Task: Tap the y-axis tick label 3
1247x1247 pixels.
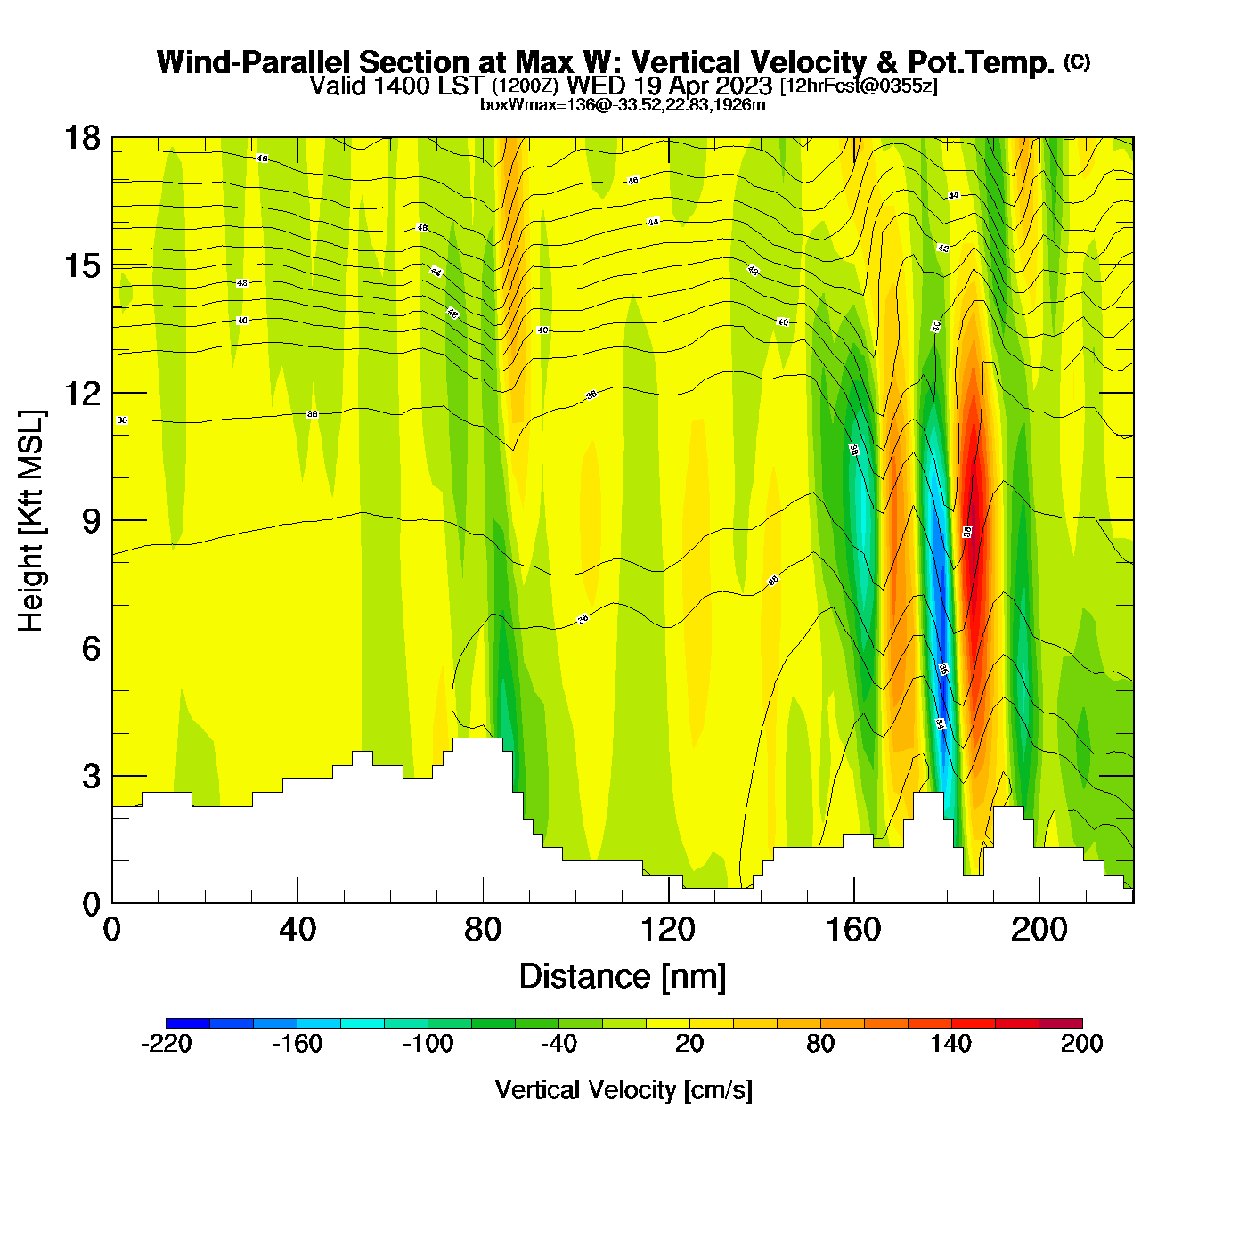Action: pyautogui.click(x=91, y=777)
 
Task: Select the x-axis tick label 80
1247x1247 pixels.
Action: pyautogui.click(x=483, y=930)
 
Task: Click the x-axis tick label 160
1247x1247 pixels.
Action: pyautogui.click(x=854, y=930)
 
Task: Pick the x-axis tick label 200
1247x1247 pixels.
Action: pyautogui.click(x=1039, y=930)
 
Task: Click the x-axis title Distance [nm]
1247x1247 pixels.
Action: pyautogui.click(x=623, y=977)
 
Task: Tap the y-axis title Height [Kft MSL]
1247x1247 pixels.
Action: pyautogui.click(x=32, y=521)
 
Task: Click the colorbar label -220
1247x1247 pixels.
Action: pyautogui.click(x=167, y=1044)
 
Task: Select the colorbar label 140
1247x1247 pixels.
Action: pyautogui.click(x=951, y=1044)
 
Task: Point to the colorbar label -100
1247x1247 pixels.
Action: pyautogui.click(x=428, y=1044)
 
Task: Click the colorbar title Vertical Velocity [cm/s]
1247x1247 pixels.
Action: pyautogui.click(x=623, y=1090)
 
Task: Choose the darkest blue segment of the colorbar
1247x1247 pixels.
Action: pyautogui.click(x=188, y=1023)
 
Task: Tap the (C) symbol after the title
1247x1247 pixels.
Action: pyautogui.click(x=1077, y=61)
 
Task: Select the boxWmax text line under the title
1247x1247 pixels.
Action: pyautogui.click(x=623, y=105)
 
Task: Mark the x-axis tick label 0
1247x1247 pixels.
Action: pyautogui.click(x=112, y=930)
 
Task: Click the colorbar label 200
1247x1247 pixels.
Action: pyautogui.click(x=1082, y=1044)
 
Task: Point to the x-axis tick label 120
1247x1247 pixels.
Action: pyautogui.click(x=668, y=930)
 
